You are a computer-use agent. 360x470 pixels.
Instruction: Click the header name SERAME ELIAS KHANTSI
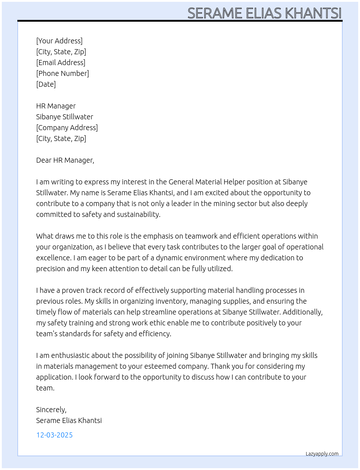coord(264,13)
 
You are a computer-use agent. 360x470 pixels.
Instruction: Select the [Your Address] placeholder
coord(59,41)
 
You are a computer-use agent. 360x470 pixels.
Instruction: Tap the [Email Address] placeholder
coord(61,63)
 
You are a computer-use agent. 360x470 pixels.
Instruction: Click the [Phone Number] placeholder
coord(63,73)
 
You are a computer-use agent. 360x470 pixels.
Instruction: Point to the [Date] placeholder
coord(46,84)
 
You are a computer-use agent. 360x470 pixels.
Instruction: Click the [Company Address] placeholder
coord(67,128)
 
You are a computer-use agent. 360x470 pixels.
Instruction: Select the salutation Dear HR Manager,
coord(65,160)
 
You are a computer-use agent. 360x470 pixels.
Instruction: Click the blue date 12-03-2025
coord(54,435)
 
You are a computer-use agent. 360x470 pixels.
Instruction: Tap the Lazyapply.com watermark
coord(322,454)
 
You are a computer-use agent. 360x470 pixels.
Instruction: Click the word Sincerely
coord(51,410)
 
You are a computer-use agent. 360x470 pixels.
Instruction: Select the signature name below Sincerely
coord(69,420)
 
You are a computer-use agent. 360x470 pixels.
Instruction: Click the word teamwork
coord(201,236)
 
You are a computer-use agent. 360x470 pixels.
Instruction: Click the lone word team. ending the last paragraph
coord(45,388)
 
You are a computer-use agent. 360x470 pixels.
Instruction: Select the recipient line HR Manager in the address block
coord(56,106)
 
